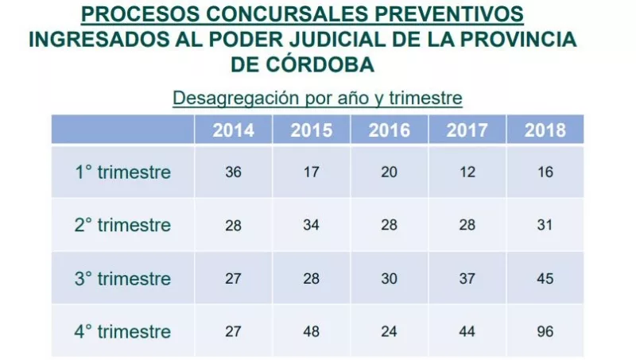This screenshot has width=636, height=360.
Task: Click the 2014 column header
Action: tap(233, 130)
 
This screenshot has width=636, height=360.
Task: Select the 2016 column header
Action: tap(389, 130)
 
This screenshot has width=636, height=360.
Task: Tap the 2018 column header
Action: tap(545, 130)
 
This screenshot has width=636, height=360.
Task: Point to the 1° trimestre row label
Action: tap(122, 172)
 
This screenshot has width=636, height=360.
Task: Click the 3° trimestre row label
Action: tap(122, 279)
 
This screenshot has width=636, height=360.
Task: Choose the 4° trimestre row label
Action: tap(122, 331)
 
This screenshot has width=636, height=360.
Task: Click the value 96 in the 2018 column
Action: tap(545, 331)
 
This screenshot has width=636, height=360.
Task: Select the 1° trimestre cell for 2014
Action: tap(233, 172)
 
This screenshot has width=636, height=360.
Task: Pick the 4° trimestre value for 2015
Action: tap(311, 331)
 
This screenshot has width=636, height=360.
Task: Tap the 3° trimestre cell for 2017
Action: tap(467, 279)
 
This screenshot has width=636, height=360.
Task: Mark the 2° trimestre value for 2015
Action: tap(311, 226)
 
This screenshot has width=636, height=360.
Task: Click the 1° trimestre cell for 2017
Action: tap(467, 172)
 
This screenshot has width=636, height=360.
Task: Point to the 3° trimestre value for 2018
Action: tap(545, 279)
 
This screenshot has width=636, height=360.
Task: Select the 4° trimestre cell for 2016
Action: tap(389, 331)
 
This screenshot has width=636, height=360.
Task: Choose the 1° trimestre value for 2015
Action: tap(311, 172)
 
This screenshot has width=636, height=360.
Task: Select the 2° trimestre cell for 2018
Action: tap(545, 226)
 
